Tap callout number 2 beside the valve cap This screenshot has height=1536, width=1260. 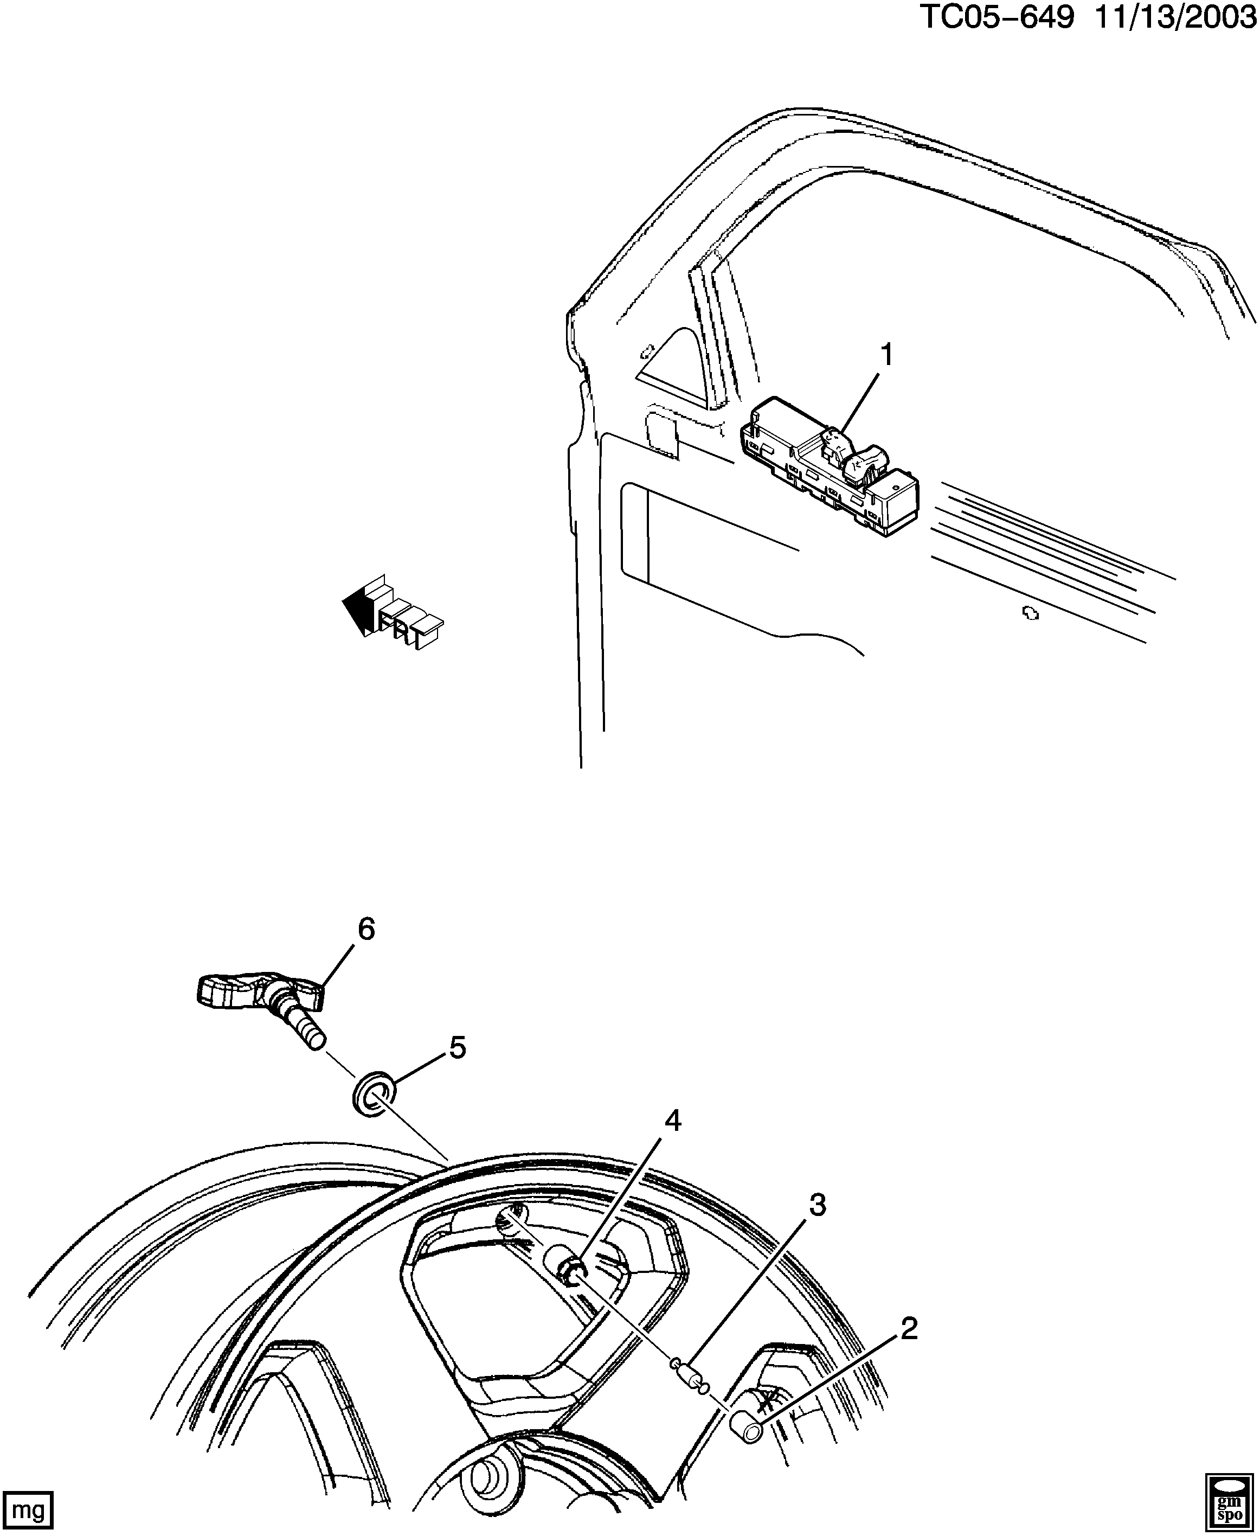tap(909, 1329)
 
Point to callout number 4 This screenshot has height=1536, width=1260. tap(673, 1122)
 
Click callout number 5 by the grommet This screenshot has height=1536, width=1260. tap(457, 1048)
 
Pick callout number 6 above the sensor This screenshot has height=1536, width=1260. tap(366, 930)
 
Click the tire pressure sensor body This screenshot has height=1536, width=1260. tap(240, 991)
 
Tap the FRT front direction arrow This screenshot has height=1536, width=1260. tap(392, 613)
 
